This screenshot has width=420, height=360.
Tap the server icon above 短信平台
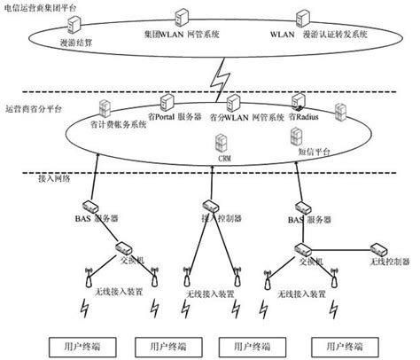point(295,137)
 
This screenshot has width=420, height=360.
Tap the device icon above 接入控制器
point(214,203)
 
